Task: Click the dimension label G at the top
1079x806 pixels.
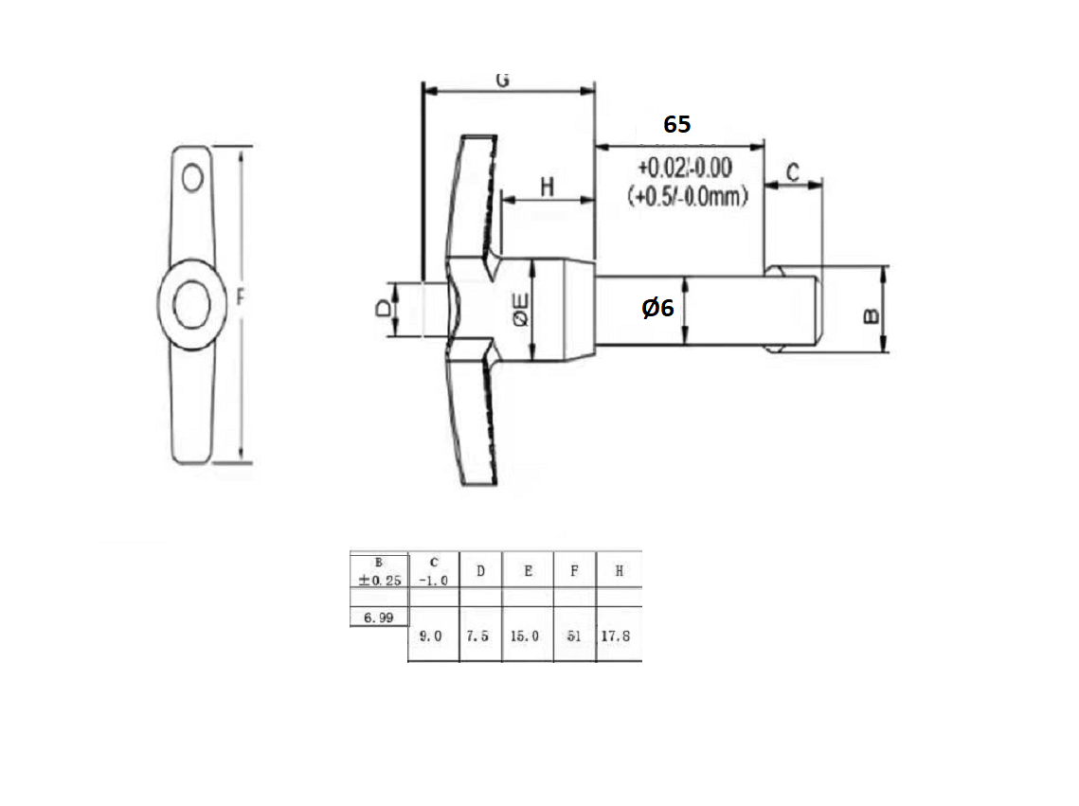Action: click(503, 80)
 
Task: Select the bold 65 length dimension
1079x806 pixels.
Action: click(676, 124)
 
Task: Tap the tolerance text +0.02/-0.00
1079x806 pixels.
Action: click(684, 169)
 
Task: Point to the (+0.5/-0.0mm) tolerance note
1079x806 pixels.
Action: click(688, 197)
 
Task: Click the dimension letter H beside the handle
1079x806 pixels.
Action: click(547, 187)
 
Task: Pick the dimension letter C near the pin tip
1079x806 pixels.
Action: click(793, 172)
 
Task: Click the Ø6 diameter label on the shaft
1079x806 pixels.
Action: click(657, 308)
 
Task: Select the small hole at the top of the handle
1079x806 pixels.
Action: click(193, 177)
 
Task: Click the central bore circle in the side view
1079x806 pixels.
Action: click(192, 304)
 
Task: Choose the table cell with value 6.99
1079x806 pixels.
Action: click(378, 617)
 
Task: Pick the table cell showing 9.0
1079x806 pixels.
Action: click(432, 636)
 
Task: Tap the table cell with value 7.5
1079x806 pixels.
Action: click(479, 636)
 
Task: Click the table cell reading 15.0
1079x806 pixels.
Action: click(526, 636)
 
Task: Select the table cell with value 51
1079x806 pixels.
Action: click(574, 636)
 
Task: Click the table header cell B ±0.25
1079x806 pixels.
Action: click(378, 571)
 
